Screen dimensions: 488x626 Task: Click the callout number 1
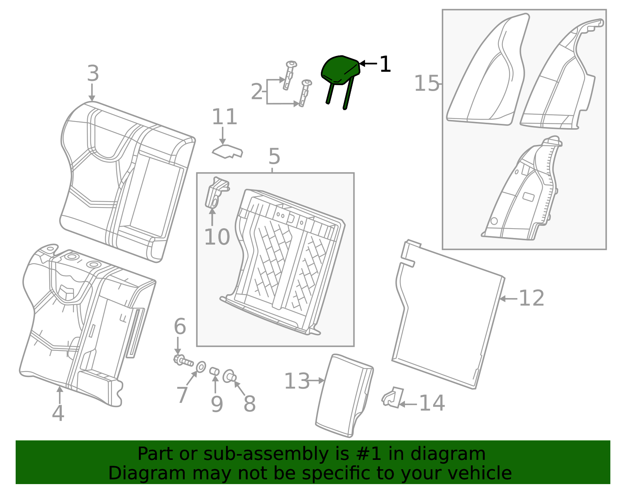click(385, 64)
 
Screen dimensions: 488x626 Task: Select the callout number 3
click(93, 73)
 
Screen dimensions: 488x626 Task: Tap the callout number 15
click(426, 84)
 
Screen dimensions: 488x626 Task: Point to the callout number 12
click(531, 299)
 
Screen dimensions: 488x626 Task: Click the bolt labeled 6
click(183, 361)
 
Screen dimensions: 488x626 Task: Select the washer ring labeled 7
click(201, 367)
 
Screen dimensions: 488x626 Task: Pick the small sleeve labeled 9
click(214, 371)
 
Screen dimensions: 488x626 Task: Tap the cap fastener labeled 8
click(229, 377)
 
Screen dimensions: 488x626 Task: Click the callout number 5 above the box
click(274, 157)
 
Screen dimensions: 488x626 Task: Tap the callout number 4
click(58, 413)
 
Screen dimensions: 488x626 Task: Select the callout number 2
click(257, 92)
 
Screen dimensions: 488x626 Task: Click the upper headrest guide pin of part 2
click(290, 75)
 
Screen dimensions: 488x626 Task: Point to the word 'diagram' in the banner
click(464, 454)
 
